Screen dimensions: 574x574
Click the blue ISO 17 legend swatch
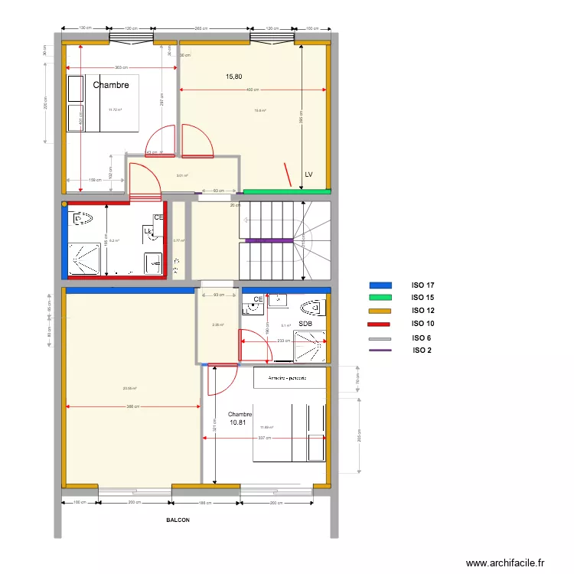tap(380, 285)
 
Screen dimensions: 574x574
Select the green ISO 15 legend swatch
tap(380, 298)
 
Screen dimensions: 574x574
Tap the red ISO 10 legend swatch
tap(380, 325)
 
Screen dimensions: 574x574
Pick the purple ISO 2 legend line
tap(380, 351)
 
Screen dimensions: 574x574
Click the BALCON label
tap(178, 520)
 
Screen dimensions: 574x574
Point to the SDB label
tap(305, 324)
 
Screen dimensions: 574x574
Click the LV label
tap(308, 174)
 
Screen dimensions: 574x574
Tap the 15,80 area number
tap(234, 77)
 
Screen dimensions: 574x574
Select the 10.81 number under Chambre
tap(238, 422)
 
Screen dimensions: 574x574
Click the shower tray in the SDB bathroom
tap(310, 345)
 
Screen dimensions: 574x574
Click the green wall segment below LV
tap(286, 191)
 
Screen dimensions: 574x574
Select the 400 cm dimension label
tap(252, 90)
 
